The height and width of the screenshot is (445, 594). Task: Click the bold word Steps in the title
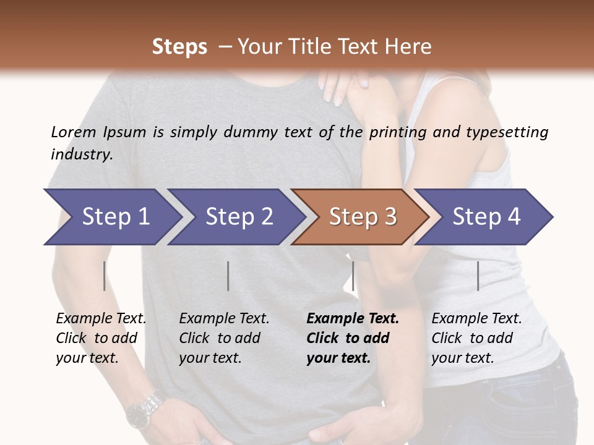point(179,47)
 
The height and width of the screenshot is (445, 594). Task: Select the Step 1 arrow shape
point(111,217)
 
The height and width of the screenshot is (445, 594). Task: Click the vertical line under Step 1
point(105,276)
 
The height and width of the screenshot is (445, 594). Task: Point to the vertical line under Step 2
point(228,276)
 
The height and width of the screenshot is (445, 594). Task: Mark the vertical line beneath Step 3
point(353,276)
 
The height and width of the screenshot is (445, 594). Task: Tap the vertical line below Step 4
point(478,276)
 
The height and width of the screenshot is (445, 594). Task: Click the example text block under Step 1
point(101,338)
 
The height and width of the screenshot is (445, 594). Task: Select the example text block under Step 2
point(224,338)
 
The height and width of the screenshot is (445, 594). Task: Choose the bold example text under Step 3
point(353,338)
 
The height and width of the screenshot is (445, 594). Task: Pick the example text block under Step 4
point(476,338)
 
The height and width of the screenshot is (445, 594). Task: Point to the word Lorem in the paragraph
point(74,132)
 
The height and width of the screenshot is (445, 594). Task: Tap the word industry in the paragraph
point(82,155)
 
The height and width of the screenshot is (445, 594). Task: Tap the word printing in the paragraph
point(395,132)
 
